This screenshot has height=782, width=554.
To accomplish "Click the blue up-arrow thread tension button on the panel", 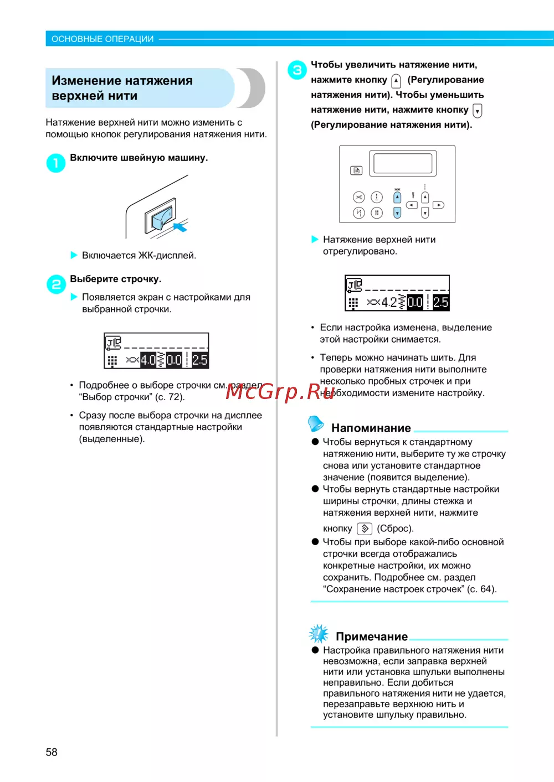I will point(397,197).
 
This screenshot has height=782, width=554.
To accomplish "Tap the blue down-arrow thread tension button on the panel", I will point(397,213).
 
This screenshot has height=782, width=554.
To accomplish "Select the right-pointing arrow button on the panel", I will point(438,205).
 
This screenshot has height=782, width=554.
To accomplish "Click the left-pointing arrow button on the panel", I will point(412,205).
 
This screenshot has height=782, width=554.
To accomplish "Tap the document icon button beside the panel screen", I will point(356,170).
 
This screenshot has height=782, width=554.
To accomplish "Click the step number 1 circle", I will point(55,163).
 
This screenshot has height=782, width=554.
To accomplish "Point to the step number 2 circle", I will point(56,284).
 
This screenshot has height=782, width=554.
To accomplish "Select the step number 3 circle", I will point(297,70).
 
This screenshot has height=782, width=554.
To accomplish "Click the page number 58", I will point(52,752).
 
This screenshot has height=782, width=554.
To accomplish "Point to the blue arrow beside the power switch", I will point(181,227).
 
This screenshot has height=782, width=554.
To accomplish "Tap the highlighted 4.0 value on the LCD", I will point(148,360).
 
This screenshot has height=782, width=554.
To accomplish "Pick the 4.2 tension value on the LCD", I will point(389,302).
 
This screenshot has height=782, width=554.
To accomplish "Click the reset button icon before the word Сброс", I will point(364,529).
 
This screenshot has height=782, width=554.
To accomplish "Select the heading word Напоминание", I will point(371,428).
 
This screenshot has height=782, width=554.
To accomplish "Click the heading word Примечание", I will point(371,636).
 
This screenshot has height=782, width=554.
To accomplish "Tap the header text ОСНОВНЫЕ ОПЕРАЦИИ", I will point(102,39).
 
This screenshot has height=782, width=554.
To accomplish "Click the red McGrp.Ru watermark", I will point(280,391).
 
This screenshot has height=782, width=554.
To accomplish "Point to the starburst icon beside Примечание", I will point(319,633).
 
